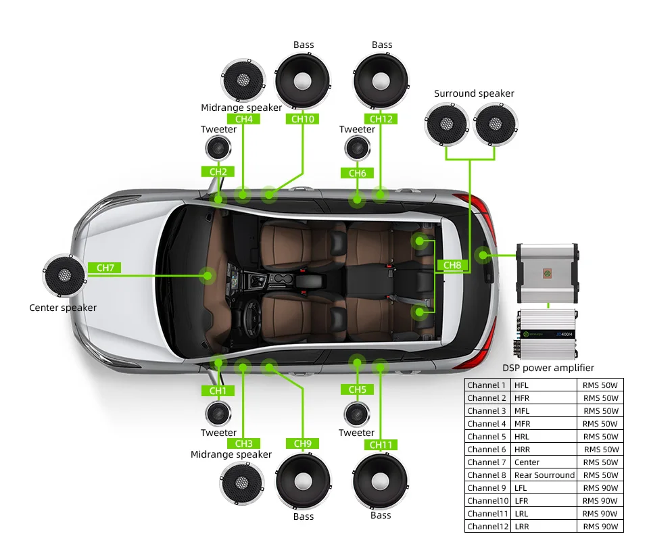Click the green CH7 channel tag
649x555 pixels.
[105, 268]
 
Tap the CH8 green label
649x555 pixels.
[452, 265]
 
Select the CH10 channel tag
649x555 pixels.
[303, 119]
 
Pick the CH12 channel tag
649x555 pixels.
[381, 119]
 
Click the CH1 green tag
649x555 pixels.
[218, 391]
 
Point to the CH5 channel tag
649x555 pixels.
[357, 389]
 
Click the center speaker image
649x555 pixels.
[65, 275]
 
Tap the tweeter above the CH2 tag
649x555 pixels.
[218, 148]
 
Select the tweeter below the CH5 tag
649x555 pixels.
[357, 414]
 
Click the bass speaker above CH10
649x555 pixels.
[303, 81]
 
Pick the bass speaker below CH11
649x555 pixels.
[380, 481]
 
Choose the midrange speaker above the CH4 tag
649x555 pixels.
[243, 80]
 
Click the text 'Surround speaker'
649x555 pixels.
[474, 93]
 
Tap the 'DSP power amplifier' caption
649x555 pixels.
[548, 368]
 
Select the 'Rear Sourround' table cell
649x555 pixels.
[544, 475]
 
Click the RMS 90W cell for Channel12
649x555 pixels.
[600, 527]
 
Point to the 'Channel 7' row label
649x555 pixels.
[486, 462]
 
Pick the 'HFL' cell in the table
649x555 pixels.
[521, 385]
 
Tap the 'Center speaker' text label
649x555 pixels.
[63, 308]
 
